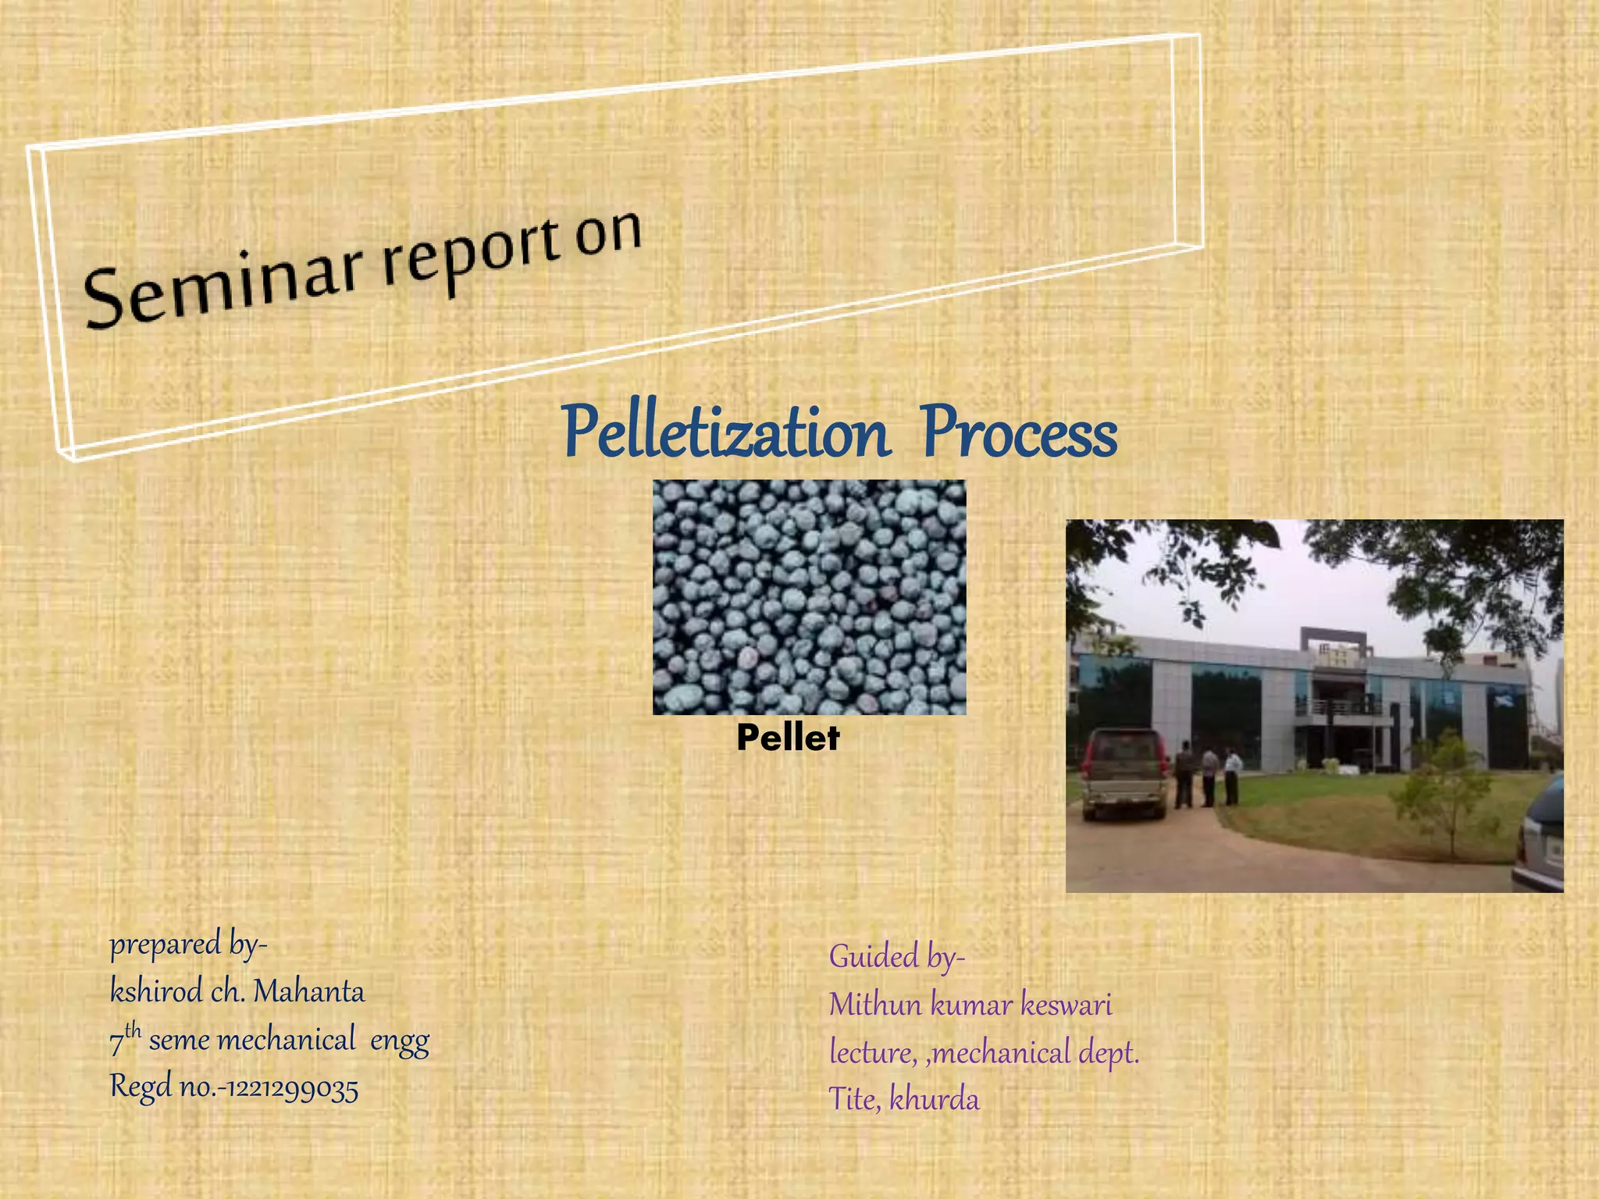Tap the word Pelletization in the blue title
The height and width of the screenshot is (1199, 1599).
pyautogui.click(x=726, y=433)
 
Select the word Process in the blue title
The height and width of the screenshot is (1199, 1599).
pyautogui.click(x=1019, y=433)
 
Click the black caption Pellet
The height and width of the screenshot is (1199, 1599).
pyautogui.click(x=787, y=738)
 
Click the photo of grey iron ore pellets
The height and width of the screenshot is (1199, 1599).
pyautogui.click(x=809, y=597)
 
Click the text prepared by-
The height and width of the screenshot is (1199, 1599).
pyautogui.click(x=187, y=945)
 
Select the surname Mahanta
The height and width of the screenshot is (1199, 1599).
pyautogui.click(x=309, y=992)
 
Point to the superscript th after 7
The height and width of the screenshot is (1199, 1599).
pyautogui.click(x=133, y=1030)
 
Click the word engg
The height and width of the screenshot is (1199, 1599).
pyautogui.click(x=399, y=1041)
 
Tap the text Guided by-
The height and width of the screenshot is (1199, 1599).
pyautogui.click(x=896, y=957)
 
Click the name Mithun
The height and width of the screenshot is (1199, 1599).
pyautogui.click(x=875, y=1005)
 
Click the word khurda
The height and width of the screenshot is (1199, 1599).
pyautogui.click(x=934, y=1100)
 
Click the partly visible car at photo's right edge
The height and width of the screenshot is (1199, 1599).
pyautogui.click(x=1542, y=843)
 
